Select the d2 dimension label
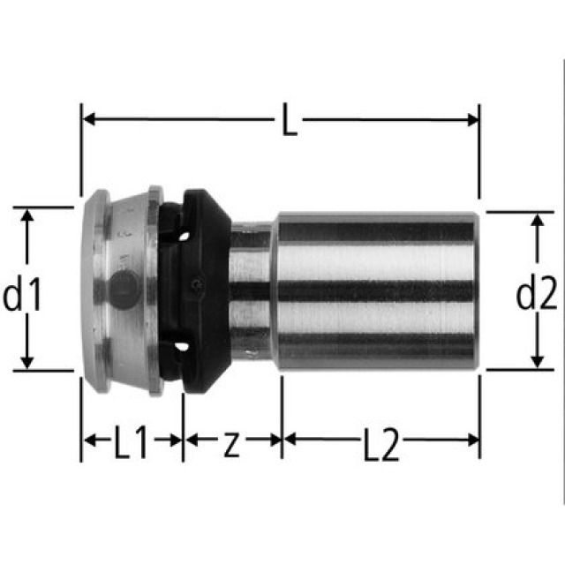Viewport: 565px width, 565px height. click(536, 295)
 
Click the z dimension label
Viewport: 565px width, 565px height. click(231, 444)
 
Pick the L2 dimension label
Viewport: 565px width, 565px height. click(380, 447)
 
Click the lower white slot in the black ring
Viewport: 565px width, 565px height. click(181, 345)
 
